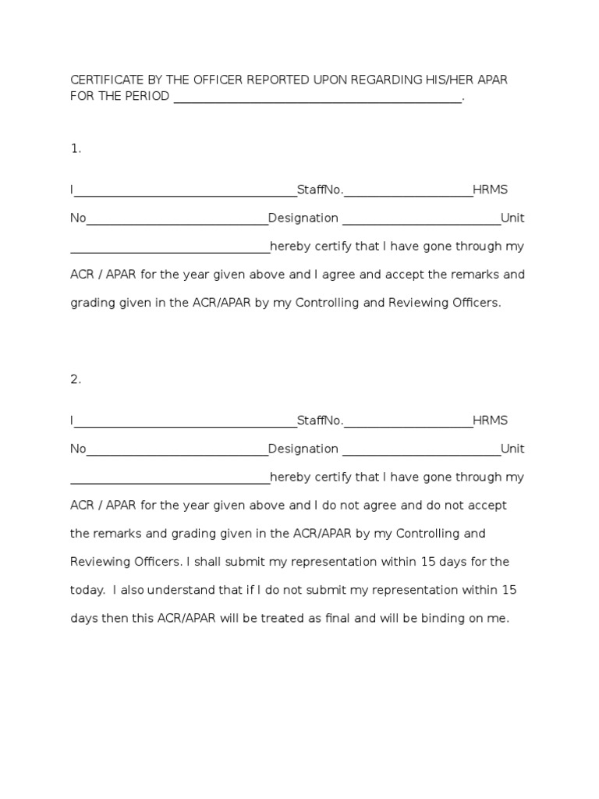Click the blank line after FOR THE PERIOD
[317, 98]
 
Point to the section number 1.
[76, 148]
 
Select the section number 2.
[76, 379]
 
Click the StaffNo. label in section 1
[320, 190]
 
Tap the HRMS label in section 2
[490, 421]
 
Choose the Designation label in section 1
[303, 218]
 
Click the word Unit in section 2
[512, 449]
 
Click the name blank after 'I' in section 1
[185, 191]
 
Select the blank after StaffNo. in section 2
[408, 422]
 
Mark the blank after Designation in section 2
[421, 450]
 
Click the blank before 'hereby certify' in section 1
[170, 249]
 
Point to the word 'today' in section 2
[87, 590]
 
